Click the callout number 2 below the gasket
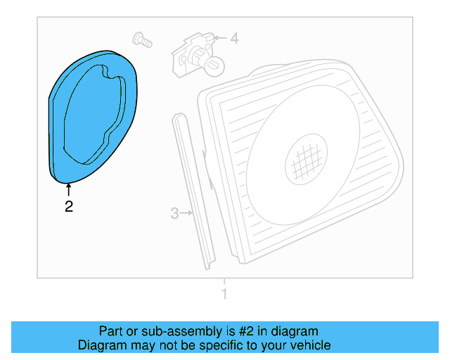point(68,206)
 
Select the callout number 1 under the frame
point(224,294)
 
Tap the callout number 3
point(175,212)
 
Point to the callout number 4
point(234,39)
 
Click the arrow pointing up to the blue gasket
point(68,189)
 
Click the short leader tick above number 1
point(224,282)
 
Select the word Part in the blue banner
point(110,331)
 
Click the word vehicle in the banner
point(310,345)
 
